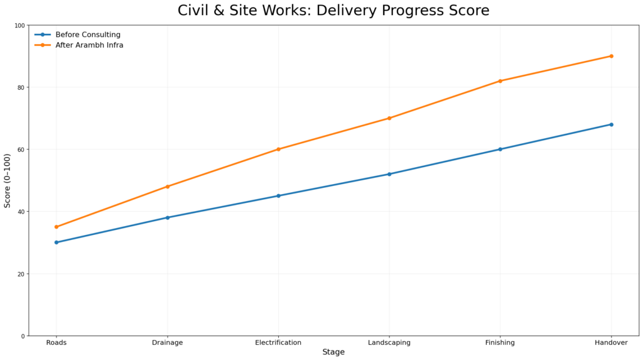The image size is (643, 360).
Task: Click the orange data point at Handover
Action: point(611,56)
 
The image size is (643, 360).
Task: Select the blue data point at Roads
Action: point(57,243)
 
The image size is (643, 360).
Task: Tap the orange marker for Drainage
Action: point(168,187)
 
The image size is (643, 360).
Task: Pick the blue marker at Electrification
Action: point(278,196)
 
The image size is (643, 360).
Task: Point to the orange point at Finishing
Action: point(500,81)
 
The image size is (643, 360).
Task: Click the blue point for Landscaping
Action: point(389,174)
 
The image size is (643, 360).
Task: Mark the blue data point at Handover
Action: point(611,124)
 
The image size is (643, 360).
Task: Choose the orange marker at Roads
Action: point(57,227)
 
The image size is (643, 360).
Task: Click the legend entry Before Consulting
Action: point(87,35)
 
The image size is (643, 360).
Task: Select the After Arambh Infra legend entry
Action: point(89,45)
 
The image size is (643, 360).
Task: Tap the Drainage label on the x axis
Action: point(168,342)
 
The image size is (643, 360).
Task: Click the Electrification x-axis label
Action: point(278,342)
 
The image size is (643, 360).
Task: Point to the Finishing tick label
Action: point(500,342)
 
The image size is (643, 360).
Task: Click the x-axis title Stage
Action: point(333,352)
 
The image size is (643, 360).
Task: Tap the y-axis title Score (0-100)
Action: point(8,180)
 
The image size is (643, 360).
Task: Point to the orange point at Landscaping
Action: point(389,118)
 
